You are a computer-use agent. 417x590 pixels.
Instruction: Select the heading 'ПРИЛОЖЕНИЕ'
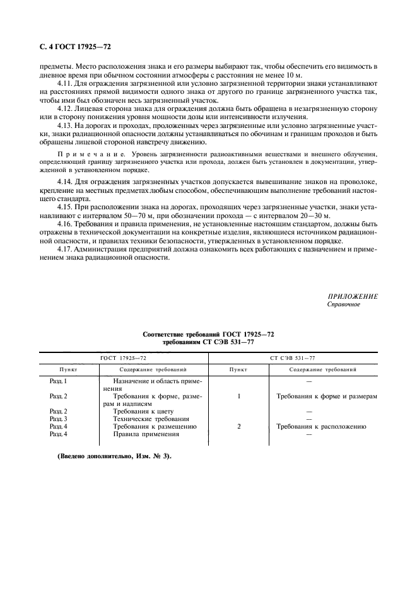[x=353, y=296]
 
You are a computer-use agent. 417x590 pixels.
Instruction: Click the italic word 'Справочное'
[x=343, y=304]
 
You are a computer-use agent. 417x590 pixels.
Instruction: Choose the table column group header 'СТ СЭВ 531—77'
[x=292, y=357]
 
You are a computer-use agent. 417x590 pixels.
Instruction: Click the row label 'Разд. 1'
[x=58, y=381]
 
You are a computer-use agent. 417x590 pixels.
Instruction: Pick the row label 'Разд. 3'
[x=58, y=419]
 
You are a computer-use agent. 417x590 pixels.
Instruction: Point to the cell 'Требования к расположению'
[x=321, y=426]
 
